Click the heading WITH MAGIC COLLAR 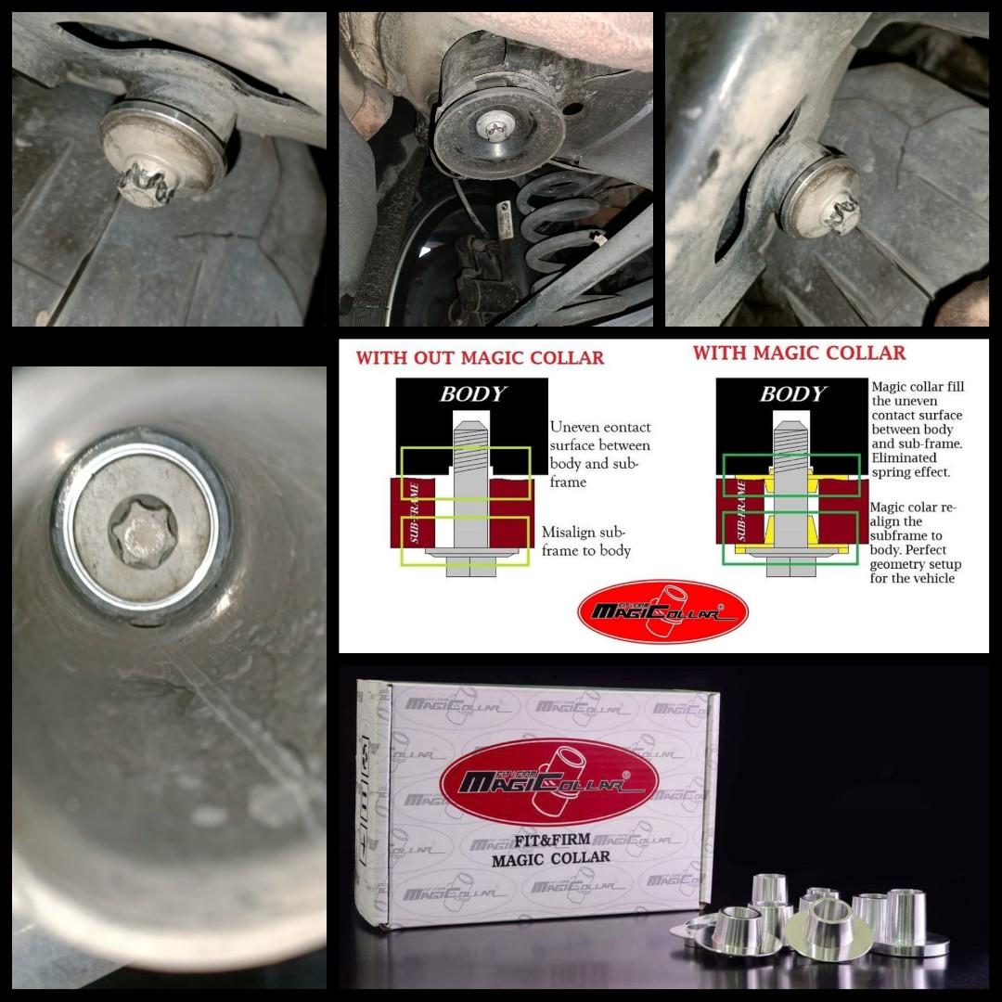coord(799,353)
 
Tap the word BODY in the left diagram coord(472,393)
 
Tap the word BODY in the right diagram coord(792,393)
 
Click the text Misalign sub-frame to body coord(586,541)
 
